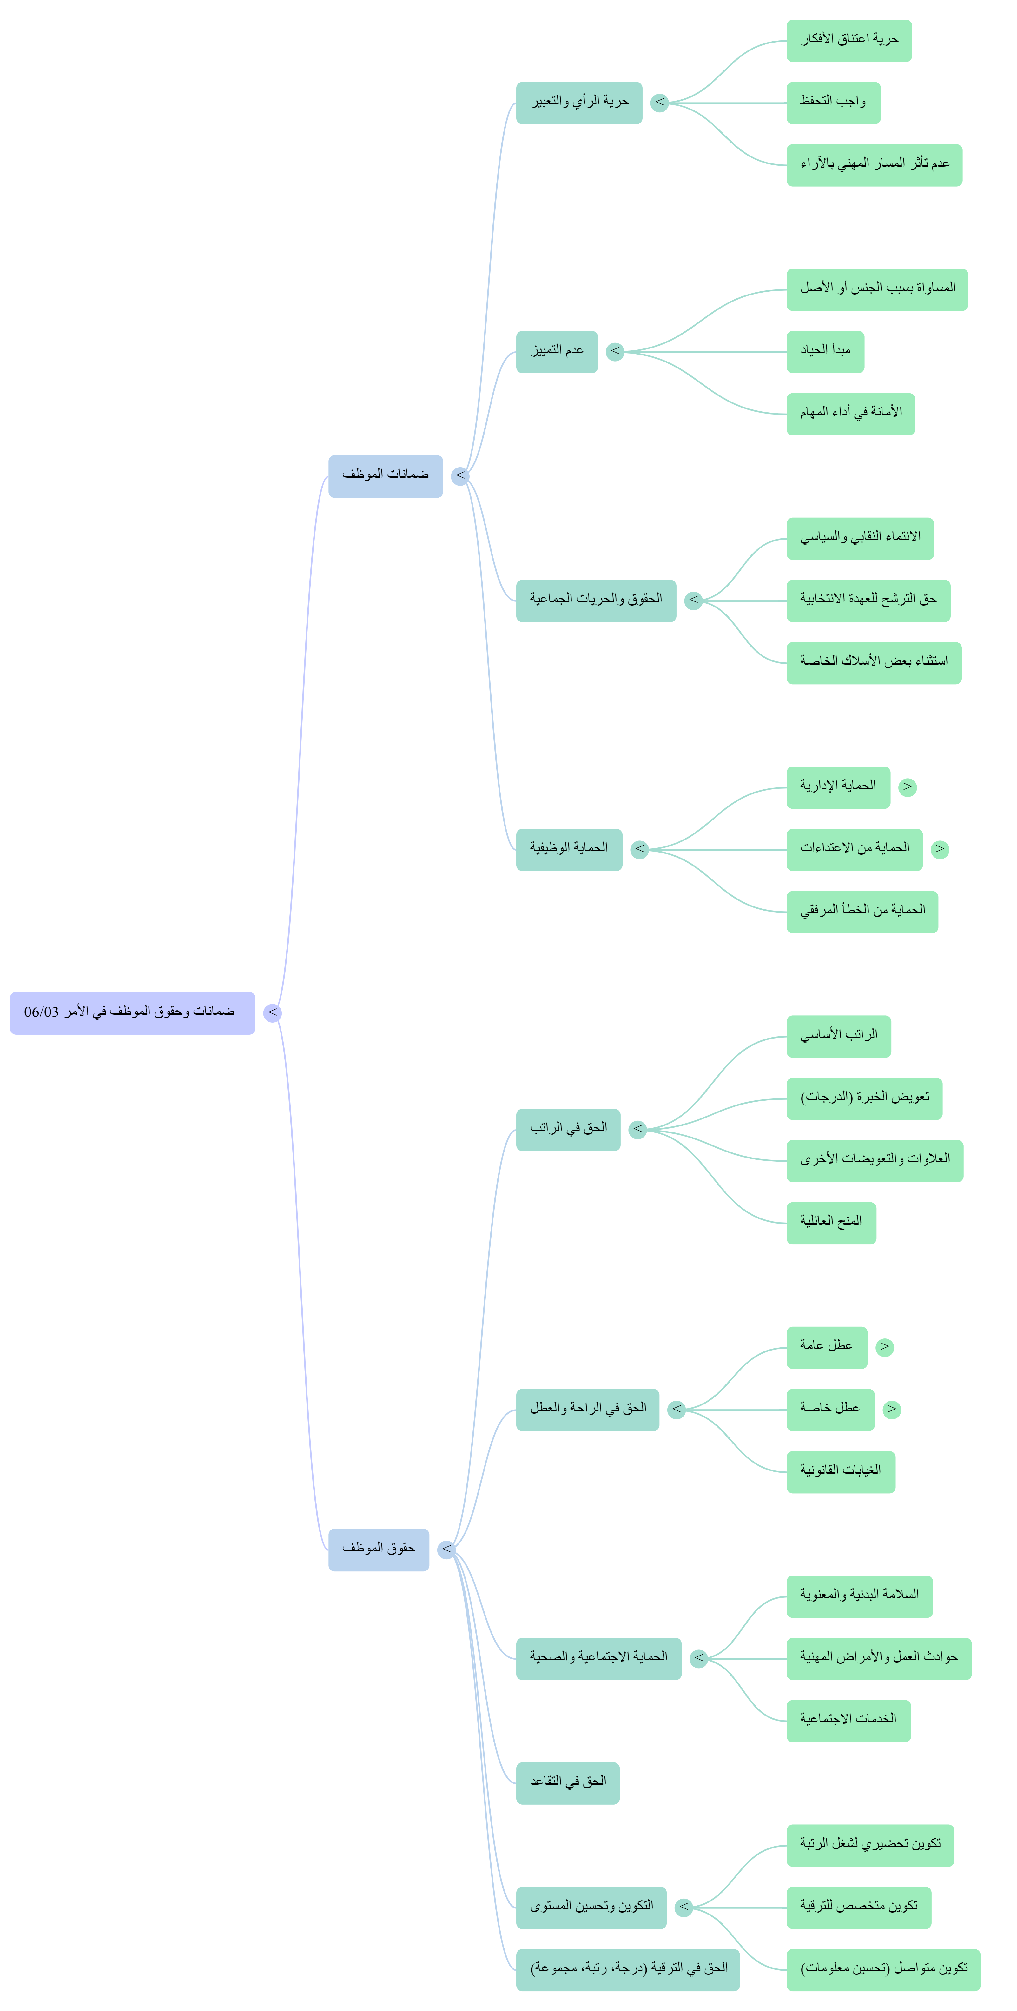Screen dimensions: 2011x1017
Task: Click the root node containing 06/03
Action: [132, 1012]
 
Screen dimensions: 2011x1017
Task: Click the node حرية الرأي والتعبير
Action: [579, 102]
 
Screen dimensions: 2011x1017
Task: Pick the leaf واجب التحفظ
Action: [833, 102]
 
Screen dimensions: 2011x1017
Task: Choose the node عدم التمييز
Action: [557, 351]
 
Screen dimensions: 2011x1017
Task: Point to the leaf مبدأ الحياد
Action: [825, 351]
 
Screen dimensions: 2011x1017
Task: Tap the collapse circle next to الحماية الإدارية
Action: [907, 787]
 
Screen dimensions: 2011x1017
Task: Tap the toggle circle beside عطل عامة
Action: [884, 1347]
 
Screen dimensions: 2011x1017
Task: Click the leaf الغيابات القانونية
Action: [841, 1471]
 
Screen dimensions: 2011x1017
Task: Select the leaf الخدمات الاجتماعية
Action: [849, 1721]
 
